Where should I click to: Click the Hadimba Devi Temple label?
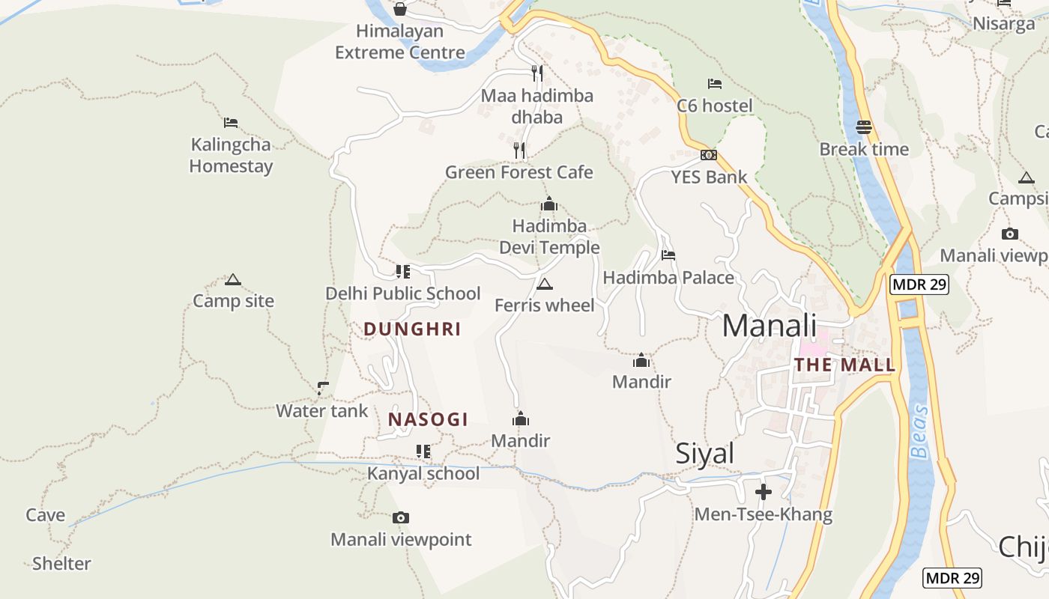pos(549,237)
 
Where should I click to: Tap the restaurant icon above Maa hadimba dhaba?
pos(536,73)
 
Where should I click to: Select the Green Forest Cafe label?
pos(519,172)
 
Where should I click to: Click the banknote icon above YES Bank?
pos(708,155)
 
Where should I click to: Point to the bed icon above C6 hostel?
pos(714,84)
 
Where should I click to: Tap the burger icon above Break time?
pos(863,127)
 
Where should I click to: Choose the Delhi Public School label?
pos(402,294)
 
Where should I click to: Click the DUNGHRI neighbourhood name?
pos(412,329)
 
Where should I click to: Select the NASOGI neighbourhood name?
pos(428,419)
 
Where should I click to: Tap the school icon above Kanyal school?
pos(423,451)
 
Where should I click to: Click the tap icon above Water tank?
pos(322,388)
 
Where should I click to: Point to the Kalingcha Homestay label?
pos(231,155)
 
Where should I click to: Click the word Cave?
pos(46,515)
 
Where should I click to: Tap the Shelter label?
pos(61,563)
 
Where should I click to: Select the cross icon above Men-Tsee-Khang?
pos(763,492)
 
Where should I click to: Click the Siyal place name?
pos(704,454)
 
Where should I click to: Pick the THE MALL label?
pos(844,365)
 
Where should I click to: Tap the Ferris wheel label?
pos(544,305)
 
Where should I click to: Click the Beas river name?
pos(919,431)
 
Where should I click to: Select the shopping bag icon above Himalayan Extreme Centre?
pos(400,9)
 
